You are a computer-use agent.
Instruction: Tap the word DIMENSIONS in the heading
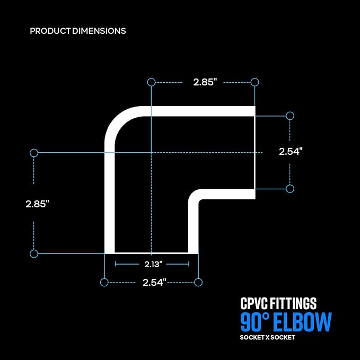99,31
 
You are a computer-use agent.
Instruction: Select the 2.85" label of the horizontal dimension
205,82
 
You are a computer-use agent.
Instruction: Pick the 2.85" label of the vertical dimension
37,204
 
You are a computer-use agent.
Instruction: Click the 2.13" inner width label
153,264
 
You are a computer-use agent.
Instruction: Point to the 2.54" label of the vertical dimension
291,151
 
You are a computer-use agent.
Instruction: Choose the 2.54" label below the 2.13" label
154,283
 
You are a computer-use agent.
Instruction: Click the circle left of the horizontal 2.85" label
151,82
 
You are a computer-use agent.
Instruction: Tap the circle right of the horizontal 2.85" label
254,82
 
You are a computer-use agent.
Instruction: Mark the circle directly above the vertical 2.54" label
290,116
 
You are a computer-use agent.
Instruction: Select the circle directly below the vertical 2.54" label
290,189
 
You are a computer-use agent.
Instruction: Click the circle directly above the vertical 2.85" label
34,153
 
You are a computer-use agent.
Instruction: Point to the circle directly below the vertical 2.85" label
34,253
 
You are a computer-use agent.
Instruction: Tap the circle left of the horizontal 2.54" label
104,282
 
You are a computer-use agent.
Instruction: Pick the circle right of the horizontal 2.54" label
198,282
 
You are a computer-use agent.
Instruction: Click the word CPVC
254,303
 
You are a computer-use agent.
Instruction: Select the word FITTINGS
293,303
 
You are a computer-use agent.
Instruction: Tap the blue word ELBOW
302,322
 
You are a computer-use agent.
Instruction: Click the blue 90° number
255,322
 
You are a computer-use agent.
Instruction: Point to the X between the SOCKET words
267,338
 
